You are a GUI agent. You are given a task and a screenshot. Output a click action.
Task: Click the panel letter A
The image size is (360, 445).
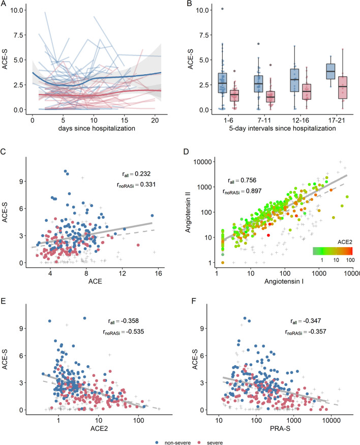[4, 4]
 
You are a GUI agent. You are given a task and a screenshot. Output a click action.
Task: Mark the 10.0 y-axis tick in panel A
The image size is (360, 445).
[19, 10]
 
